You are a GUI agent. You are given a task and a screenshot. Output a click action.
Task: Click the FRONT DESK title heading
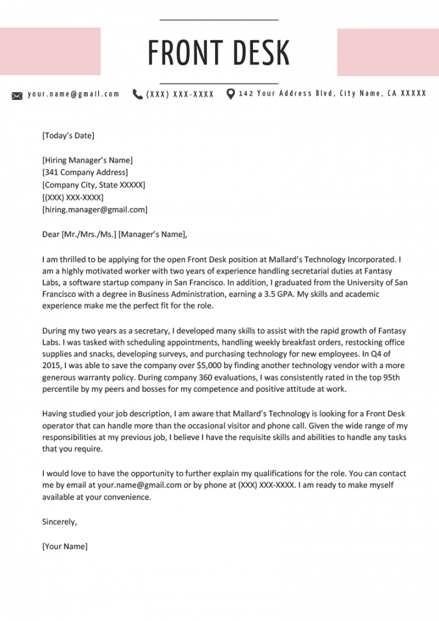click(x=219, y=52)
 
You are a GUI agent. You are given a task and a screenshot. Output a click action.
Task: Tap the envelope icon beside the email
click(x=17, y=95)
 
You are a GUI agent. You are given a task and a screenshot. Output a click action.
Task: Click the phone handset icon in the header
click(x=137, y=94)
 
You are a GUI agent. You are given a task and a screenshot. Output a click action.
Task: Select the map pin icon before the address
click(x=230, y=94)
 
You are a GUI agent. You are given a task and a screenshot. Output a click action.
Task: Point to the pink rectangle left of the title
click(x=50, y=51)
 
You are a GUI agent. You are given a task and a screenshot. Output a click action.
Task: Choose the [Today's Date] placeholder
click(x=68, y=136)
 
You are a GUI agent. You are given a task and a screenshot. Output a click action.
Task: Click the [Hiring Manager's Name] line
click(x=87, y=160)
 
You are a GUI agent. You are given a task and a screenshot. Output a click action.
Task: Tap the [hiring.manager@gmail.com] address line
click(x=95, y=210)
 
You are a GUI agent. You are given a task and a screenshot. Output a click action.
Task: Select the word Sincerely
click(x=59, y=522)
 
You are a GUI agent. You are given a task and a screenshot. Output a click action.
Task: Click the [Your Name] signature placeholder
click(x=65, y=546)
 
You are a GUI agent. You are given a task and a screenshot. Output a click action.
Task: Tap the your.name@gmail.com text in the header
click(x=73, y=94)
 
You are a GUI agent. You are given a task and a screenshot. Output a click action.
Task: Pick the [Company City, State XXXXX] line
click(x=93, y=185)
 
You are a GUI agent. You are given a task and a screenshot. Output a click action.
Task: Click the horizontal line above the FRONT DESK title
click(x=219, y=20)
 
